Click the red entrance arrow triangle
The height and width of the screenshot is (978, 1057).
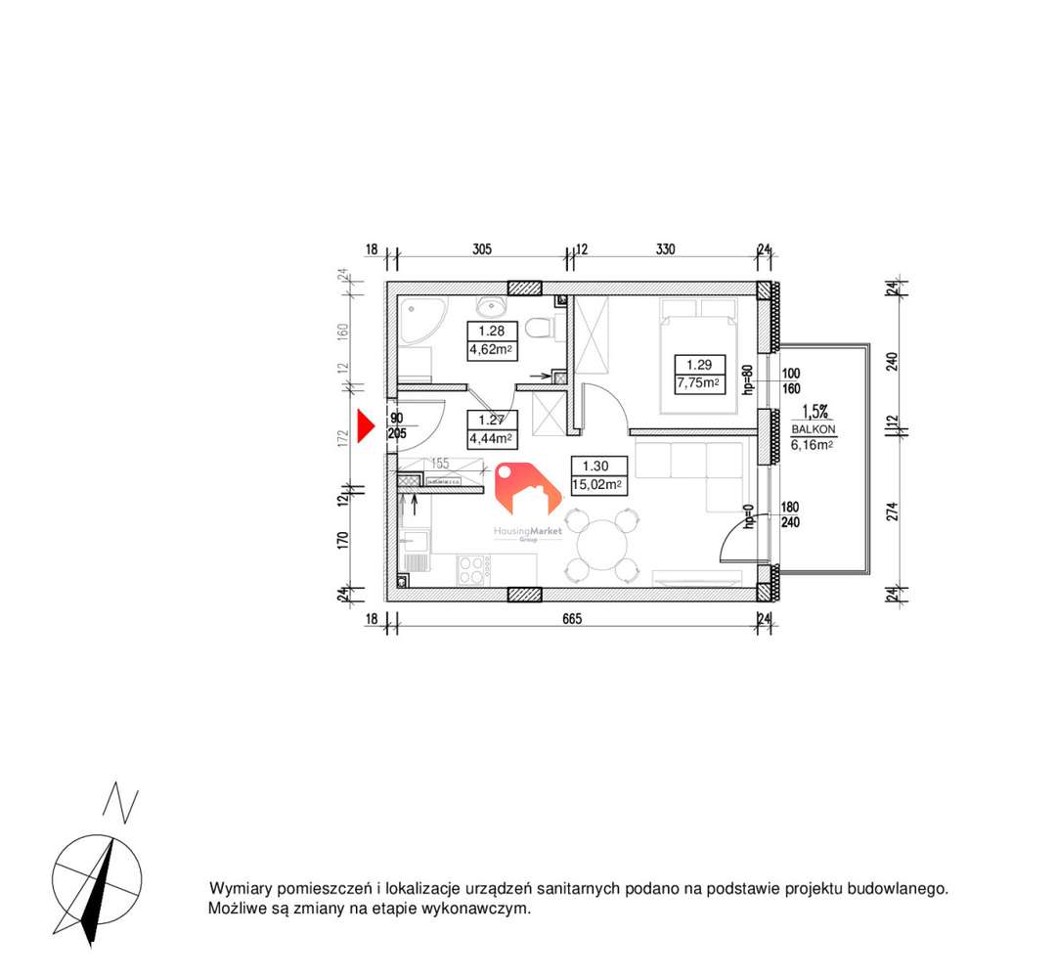coord(365,426)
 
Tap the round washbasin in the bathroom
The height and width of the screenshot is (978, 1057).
coord(491,302)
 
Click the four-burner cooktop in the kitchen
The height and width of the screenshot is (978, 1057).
coord(473,569)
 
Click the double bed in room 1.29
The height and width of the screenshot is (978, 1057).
coord(699,357)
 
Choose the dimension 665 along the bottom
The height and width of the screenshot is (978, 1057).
coord(572,618)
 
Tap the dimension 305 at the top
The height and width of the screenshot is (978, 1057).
coord(481,249)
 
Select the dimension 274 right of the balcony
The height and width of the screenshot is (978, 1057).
coord(893,511)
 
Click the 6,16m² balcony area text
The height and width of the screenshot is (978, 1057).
coord(812,444)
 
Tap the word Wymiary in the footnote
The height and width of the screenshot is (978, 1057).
coord(242,889)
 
